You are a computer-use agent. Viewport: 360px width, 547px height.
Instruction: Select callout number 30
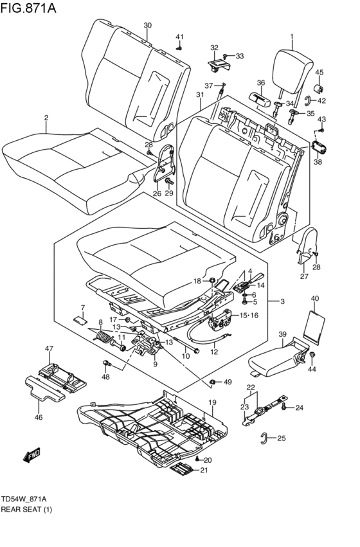point(147,26)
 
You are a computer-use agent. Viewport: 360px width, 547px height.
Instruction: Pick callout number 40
point(314,298)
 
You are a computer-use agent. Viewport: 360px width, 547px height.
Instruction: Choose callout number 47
point(48,348)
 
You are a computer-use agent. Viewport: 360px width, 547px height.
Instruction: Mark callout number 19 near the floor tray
point(211,402)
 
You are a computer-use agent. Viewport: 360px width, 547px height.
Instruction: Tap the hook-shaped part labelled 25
point(264,438)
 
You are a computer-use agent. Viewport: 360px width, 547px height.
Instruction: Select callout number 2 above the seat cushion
point(46,118)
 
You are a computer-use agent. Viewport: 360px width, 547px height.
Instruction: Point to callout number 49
point(227,382)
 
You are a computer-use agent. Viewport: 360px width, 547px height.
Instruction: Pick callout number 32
point(214,48)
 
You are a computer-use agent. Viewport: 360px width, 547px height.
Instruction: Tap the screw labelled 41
point(180,46)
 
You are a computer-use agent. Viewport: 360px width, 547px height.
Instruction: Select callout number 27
point(304,276)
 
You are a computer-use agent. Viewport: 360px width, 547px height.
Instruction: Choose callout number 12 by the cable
point(214,352)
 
